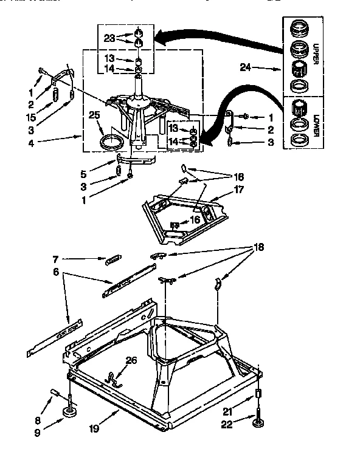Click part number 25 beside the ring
(94, 115)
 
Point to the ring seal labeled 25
(112, 143)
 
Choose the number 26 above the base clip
(131, 360)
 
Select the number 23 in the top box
(109, 37)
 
